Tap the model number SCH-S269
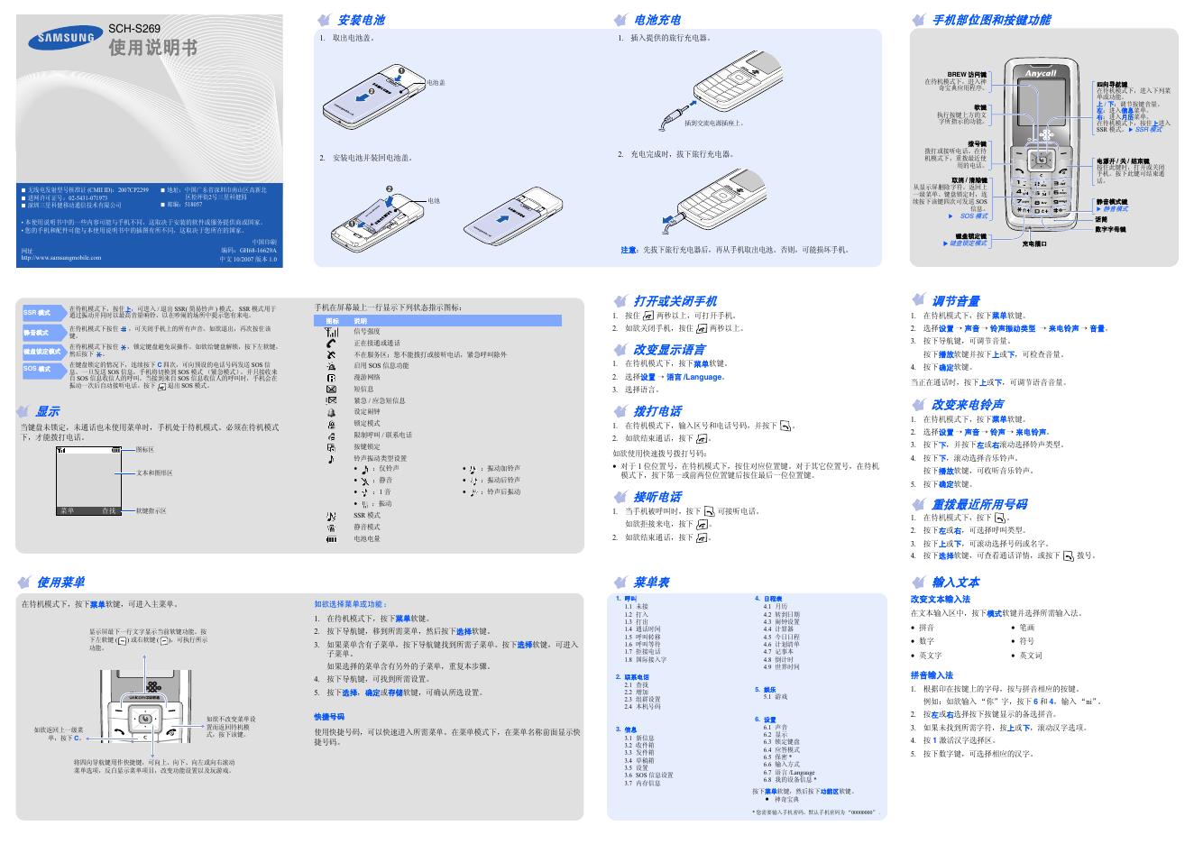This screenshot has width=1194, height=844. click(x=133, y=29)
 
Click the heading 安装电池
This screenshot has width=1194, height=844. click(x=361, y=20)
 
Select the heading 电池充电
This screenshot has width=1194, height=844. click(x=657, y=20)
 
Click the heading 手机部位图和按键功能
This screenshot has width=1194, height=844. click(x=991, y=20)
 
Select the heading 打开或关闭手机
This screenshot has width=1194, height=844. click(x=675, y=301)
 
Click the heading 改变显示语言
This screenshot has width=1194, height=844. click(x=669, y=350)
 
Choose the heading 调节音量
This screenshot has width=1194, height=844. click(x=955, y=301)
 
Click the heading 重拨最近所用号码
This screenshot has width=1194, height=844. click(x=978, y=504)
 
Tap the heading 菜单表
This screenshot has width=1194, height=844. click(x=651, y=583)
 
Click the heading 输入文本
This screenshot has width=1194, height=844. click(x=955, y=583)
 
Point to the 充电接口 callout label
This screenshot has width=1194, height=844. click(x=1034, y=243)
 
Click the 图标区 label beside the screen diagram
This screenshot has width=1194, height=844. click(x=144, y=449)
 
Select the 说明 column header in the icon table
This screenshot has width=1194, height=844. click(x=360, y=321)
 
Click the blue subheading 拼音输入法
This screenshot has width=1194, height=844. click(x=932, y=675)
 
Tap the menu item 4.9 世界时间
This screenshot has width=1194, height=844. click(x=781, y=667)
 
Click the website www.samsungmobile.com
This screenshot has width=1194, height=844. click(x=60, y=259)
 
